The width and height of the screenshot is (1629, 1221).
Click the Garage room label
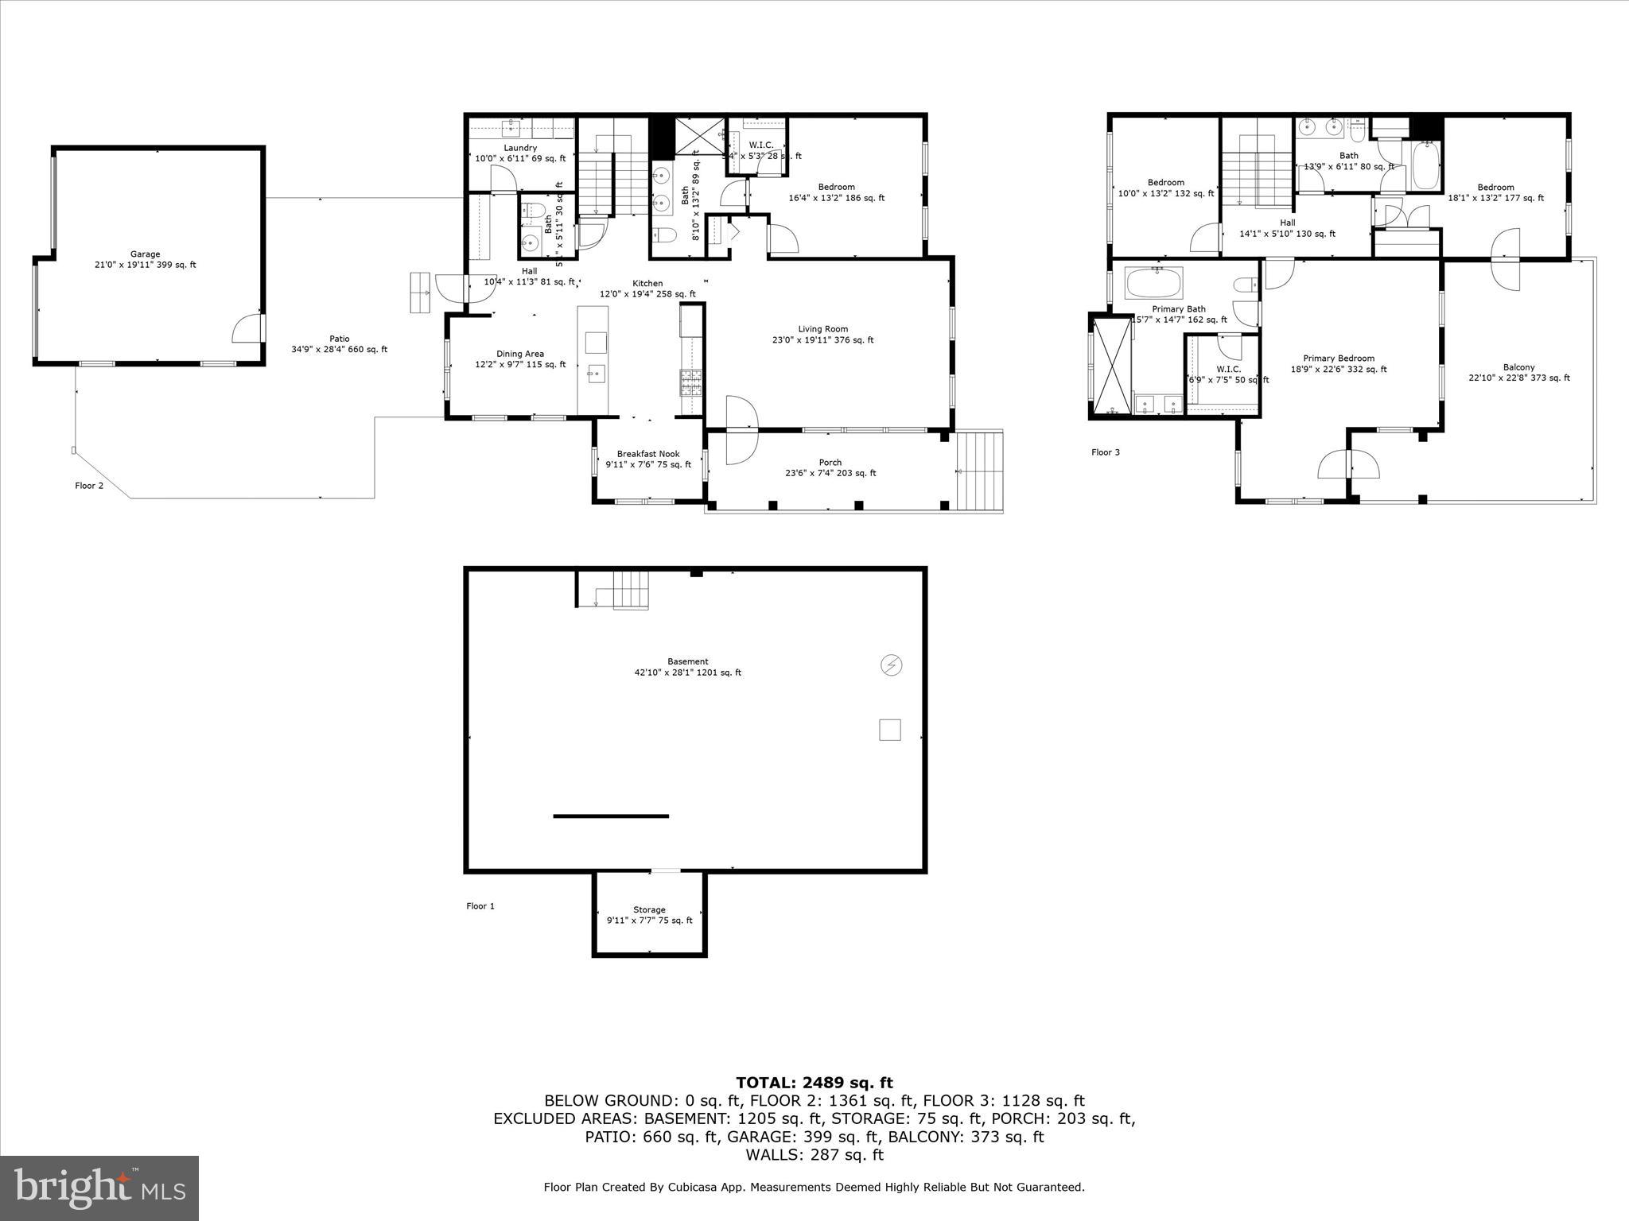point(145,259)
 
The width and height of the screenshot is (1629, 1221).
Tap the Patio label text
point(340,343)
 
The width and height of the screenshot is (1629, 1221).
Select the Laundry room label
point(520,153)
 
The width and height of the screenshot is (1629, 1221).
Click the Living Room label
point(822,334)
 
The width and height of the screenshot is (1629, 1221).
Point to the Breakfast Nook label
point(648,459)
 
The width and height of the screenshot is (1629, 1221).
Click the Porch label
point(830,467)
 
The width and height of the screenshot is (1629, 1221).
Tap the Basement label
point(687,666)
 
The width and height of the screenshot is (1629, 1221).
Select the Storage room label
point(649,914)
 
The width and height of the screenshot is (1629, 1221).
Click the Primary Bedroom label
point(1338,363)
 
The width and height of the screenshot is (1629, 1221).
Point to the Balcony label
point(1518,372)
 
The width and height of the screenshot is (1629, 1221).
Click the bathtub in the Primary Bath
point(1153,282)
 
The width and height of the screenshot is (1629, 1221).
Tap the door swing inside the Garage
point(247,328)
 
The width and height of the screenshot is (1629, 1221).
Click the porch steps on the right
point(980,471)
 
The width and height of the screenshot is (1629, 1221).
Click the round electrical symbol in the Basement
point(891,665)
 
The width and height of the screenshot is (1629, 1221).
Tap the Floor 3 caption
point(1105,452)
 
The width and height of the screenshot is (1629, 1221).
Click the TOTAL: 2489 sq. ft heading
point(814,1082)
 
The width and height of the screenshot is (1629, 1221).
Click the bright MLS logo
point(99,1188)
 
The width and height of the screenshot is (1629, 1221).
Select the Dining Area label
point(520,359)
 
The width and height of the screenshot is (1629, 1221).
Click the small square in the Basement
point(889,730)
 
